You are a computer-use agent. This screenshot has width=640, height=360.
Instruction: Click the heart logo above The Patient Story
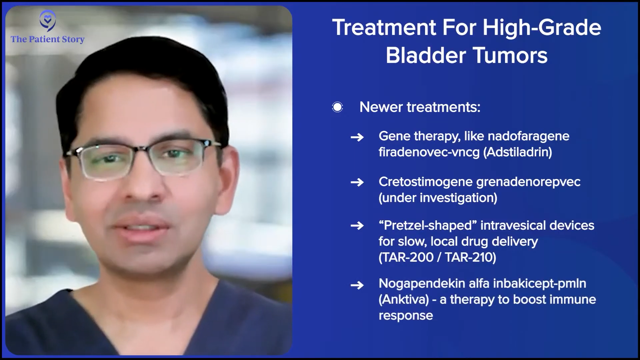[48, 21]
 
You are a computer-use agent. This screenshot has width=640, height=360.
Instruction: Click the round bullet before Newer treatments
[337, 107]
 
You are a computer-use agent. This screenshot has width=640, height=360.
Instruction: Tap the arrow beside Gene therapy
[357, 137]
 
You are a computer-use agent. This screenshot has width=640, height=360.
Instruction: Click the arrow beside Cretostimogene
[357, 182]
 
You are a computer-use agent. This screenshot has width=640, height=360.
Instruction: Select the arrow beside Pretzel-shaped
[357, 226]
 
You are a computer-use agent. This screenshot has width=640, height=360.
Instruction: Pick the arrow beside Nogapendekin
[357, 285]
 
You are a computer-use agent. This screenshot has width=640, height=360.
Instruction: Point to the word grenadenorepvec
[528, 182]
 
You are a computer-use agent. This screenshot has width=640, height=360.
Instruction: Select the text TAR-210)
[471, 257]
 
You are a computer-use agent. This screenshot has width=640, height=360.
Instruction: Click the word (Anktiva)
[404, 299]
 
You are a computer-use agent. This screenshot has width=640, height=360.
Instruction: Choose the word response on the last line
[406, 316]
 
